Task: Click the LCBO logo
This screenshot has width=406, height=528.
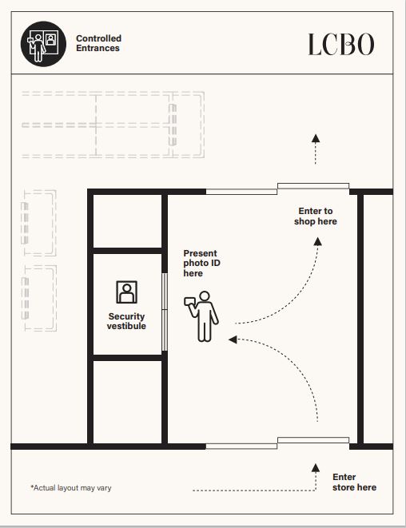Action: click(x=341, y=44)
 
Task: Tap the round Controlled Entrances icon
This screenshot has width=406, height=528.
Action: click(x=43, y=44)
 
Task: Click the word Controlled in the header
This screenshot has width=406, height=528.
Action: click(x=99, y=38)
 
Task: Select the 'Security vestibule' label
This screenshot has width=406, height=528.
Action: click(x=126, y=321)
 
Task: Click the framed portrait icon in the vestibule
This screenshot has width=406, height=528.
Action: click(x=127, y=292)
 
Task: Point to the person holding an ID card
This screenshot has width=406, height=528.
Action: click(x=202, y=316)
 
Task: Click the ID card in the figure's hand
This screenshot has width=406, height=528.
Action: click(x=189, y=300)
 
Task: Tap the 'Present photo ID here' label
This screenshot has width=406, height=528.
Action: click(x=201, y=263)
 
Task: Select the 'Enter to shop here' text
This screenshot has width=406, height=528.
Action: click(x=316, y=216)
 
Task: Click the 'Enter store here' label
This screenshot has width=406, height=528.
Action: click(x=354, y=482)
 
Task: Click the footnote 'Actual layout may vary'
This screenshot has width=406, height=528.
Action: click(x=71, y=487)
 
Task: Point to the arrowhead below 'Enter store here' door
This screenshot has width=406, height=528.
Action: click(x=316, y=467)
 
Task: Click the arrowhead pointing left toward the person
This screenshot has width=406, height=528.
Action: click(x=233, y=339)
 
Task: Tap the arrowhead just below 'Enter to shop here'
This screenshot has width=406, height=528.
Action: click(x=318, y=241)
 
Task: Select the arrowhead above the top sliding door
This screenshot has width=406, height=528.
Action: click(x=316, y=138)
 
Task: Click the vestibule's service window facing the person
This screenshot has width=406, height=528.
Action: click(x=165, y=312)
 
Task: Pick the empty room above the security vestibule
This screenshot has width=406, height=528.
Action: click(x=127, y=221)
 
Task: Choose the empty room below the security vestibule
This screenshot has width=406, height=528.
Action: click(x=127, y=402)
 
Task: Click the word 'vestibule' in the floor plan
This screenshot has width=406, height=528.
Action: click(x=126, y=326)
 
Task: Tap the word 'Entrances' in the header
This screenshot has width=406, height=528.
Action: click(x=98, y=48)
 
